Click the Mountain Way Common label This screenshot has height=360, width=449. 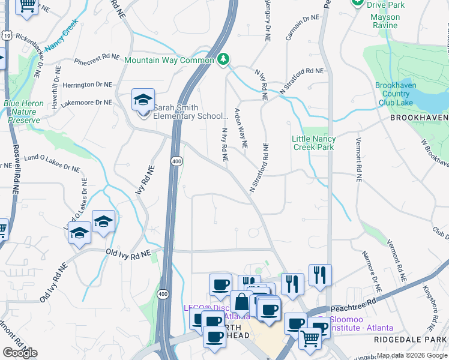click(169, 60)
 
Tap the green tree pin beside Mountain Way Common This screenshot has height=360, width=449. click(223, 59)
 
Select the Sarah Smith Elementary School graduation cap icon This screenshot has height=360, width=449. click(143, 100)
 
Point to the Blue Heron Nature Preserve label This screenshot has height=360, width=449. click(24, 112)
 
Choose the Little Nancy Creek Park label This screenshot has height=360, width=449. click(313, 143)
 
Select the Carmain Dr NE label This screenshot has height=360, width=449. click(302, 28)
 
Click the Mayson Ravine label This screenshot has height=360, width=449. click(384, 21)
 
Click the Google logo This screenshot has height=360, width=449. click(19, 353)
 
